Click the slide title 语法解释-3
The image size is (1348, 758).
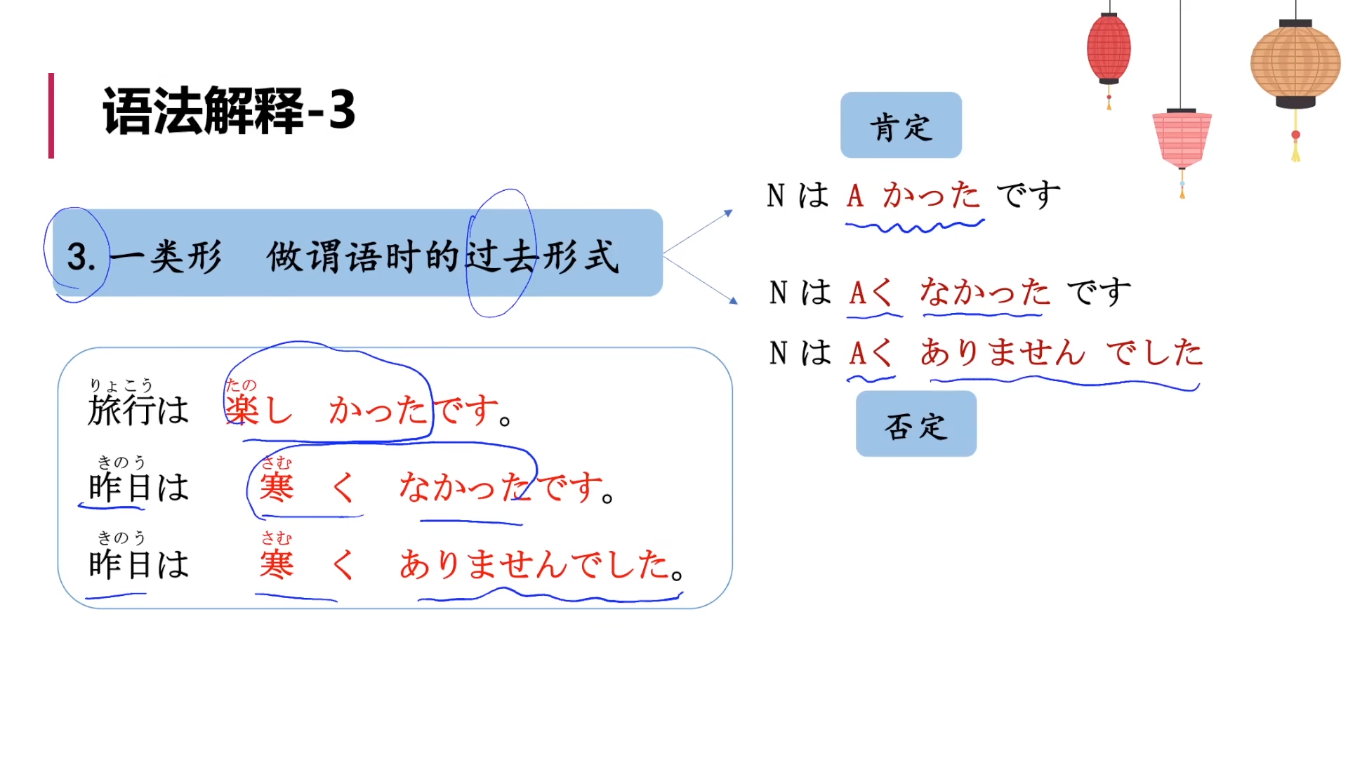(x=229, y=111)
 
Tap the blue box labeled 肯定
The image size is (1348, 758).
(x=901, y=126)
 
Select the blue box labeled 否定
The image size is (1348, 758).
(x=916, y=425)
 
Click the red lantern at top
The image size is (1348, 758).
(x=1109, y=48)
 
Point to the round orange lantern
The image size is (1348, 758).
(x=1295, y=63)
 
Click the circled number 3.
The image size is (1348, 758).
(x=80, y=256)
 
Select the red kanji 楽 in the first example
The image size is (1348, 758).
(x=242, y=410)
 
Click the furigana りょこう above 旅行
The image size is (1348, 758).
(x=121, y=385)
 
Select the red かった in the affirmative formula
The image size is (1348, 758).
(x=931, y=195)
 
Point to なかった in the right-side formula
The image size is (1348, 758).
(x=985, y=292)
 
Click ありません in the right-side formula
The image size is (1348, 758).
(x=1003, y=352)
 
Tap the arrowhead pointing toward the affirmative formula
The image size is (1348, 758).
(x=729, y=213)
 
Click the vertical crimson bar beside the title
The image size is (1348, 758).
(x=51, y=115)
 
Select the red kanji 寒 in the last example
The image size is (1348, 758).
(x=277, y=564)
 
